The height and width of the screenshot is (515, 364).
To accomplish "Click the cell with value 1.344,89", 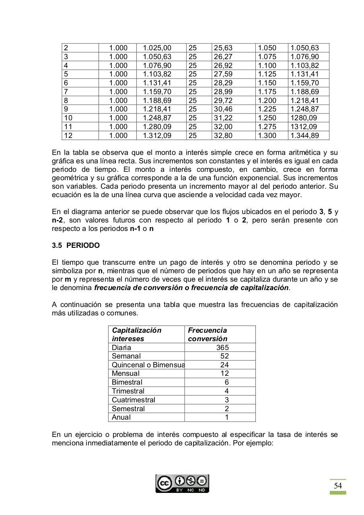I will tap(304, 136).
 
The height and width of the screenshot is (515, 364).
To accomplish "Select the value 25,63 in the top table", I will tap(223, 48).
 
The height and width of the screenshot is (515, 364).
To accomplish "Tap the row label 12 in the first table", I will tap(68, 136).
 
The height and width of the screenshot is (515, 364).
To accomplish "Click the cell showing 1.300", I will tap(267, 136).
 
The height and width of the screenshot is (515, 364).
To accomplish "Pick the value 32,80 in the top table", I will tap(223, 136).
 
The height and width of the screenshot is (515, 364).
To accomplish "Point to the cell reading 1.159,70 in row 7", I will tap(157, 92).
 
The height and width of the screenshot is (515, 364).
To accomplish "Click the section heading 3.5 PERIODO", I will tap(76, 245).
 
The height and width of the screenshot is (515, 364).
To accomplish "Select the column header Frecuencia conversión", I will tap(208, 334).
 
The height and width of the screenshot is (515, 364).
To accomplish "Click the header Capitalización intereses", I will tap(137, 334).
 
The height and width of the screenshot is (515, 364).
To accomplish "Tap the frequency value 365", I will tap(222, 348).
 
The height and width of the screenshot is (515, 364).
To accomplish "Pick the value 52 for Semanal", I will tap(224, 356).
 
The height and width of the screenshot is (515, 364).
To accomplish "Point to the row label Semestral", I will tap(128, 409).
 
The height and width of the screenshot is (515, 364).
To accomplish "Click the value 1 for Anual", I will tap(227, 417).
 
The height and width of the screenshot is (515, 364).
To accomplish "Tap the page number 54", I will tap(338, 486).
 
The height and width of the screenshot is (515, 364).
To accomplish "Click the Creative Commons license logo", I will tap(182, 484).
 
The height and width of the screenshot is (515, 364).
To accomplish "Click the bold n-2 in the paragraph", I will tap(57, 220).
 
